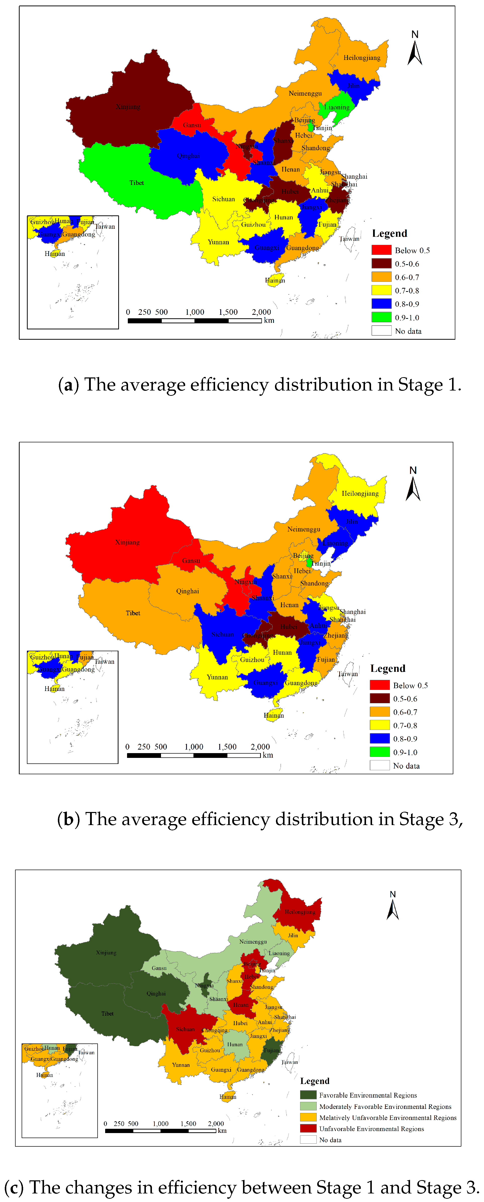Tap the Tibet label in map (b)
[x=133, y=613]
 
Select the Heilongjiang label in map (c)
[x=300, y=912]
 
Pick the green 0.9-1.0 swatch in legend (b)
[x=380, y=752]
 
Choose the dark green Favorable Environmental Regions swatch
[x=308, y=1095]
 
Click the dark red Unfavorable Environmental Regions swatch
[x=308, y=1128]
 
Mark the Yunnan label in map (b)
[x=217, y=677]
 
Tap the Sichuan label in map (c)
[x=186, y=1029]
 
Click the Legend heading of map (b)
[x=387, y=669]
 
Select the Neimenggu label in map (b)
[x=304, y=529]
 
